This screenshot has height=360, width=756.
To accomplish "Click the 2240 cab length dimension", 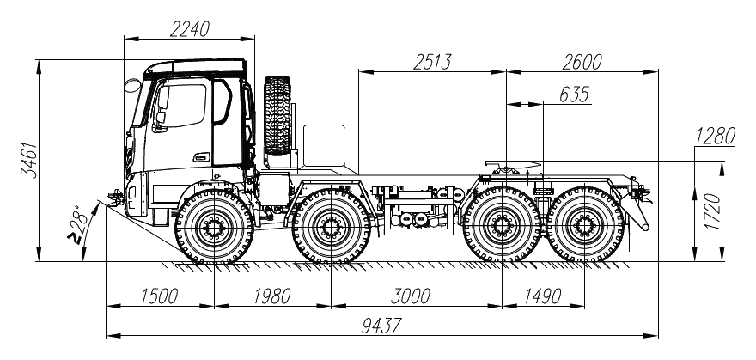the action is (190, 29).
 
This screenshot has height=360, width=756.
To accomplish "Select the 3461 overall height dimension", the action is (31, 160).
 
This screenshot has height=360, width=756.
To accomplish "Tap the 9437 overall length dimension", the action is (381, 326).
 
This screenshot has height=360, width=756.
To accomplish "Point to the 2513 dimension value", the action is (432, 62).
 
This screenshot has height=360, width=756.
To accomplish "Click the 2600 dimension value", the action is (582, 62).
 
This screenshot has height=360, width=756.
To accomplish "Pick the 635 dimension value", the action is (574, 95).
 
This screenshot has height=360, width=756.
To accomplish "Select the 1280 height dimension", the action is (715, 137).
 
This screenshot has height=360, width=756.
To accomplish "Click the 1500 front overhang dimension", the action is (160, 296).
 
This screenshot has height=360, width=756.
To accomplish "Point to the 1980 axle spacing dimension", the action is (272, 296).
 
